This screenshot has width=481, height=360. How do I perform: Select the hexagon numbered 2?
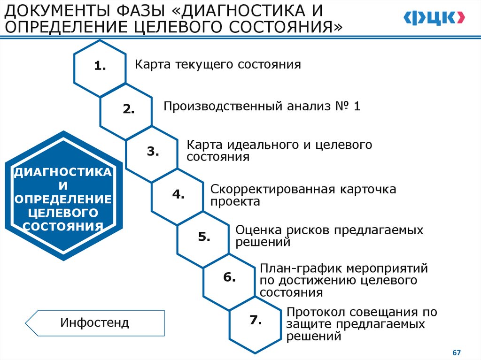click(x=126, y=109)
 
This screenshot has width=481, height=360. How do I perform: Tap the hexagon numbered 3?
click(x=152, y=152)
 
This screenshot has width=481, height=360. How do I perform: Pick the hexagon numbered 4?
click(x=178, y=194)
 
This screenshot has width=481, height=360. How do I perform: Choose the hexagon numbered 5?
click(x=203, y=237)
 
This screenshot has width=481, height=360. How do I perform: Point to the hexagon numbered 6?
click(x=229, y=277)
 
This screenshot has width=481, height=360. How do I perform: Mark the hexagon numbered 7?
click(x=255, y=321)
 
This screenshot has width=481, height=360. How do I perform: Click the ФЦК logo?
click(x=434, y=18)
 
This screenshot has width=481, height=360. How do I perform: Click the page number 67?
click(x=456, y=352)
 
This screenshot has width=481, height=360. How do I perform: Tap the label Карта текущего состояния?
click(x=217, y=64)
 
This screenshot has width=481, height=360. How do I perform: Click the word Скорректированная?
click(x=272, y=190)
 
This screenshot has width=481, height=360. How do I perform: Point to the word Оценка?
click(x=258, y=230)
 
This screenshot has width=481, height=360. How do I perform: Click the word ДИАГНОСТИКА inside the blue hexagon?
click(x=63, y=172)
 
